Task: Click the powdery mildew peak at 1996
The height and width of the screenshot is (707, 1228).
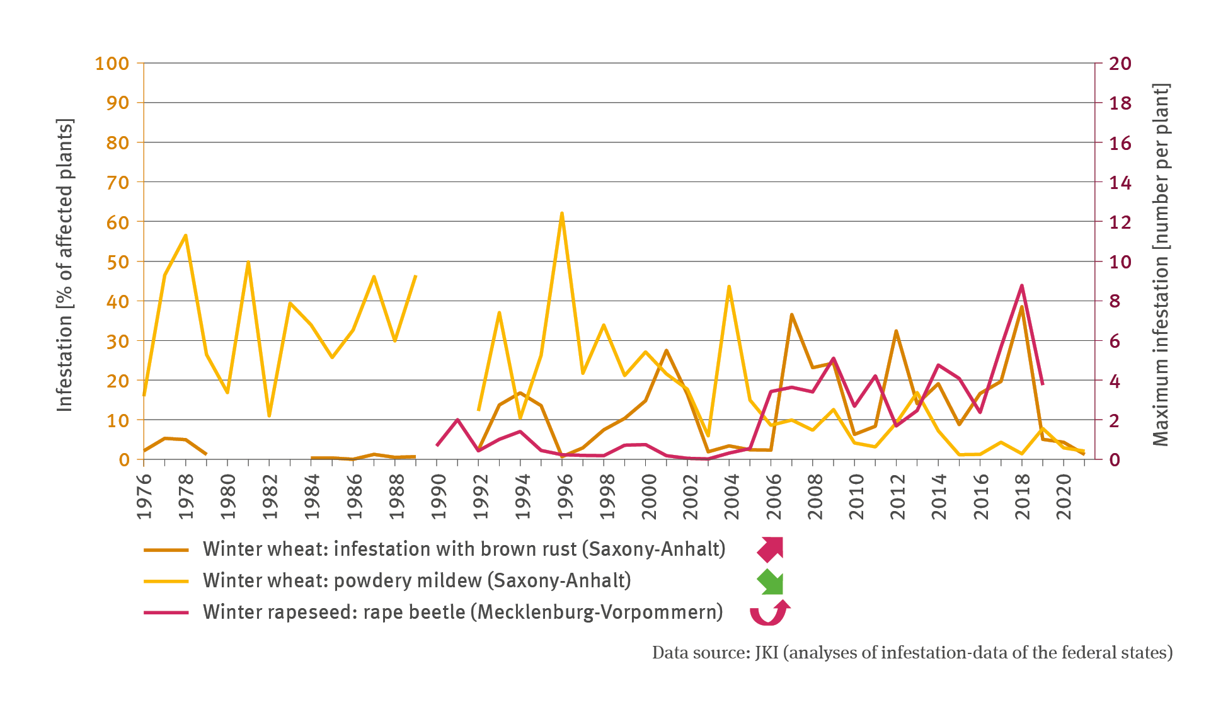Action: [x=561, y=214]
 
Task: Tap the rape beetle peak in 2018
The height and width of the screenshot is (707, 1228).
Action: [x=1021, y=286]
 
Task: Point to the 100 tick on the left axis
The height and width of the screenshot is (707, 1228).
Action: [x=112, y=64]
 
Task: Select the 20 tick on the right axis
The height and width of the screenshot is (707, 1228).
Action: [x=1120, y=64]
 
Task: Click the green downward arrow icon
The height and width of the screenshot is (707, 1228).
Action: [x=771, y=581]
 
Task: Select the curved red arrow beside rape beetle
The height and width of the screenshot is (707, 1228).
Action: [x=769, y=612]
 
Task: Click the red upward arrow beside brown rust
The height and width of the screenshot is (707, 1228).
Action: [x=770, y=549]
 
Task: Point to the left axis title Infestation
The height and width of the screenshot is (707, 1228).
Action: [x=65, y=265]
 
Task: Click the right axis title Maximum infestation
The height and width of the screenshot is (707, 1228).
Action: [x=1161, y=265]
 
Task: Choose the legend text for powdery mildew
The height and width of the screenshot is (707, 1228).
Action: [x=416, y=580]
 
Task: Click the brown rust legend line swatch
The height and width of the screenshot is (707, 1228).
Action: [x=166, y=549]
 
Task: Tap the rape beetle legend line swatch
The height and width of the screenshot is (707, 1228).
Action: [x=166, y=612]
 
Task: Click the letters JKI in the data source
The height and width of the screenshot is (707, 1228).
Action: [x=766, y=653]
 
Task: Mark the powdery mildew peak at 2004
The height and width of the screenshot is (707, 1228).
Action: [x=729, y=287]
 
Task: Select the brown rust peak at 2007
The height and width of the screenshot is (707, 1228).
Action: [x=791, y=314]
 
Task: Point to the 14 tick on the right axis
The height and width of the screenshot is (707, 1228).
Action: [x=1120, y=183]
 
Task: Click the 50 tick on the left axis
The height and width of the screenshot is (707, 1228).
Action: [x=117, y=262]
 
